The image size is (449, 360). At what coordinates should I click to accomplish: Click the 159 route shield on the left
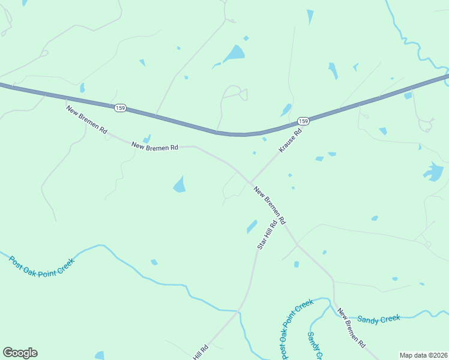(119, 107)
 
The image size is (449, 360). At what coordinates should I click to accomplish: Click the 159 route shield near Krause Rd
(304, 121)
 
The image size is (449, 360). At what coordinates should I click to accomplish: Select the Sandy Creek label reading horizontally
(378, 319)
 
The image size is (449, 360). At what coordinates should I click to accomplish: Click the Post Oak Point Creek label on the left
(41, 266)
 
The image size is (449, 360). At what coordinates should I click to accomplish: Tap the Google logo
(20, 353)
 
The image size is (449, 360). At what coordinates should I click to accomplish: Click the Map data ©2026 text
(423, 355)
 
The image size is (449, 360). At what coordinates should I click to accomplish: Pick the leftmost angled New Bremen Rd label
(87, 120)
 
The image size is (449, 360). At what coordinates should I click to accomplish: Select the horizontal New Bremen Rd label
(155, 146)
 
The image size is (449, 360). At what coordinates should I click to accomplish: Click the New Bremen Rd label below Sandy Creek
(351, 328)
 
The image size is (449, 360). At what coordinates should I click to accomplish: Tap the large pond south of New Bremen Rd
(179, 184)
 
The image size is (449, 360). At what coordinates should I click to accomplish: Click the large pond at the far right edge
(433, 172)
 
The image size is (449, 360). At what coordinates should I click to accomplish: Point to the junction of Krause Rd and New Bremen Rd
(250, 183)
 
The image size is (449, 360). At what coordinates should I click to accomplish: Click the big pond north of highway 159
(235, 54)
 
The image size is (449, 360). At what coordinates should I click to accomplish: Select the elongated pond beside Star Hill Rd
(252, 226)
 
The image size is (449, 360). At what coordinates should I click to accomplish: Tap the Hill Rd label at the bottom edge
(200, 352)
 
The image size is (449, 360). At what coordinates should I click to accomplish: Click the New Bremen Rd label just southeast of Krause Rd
(270, 205)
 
